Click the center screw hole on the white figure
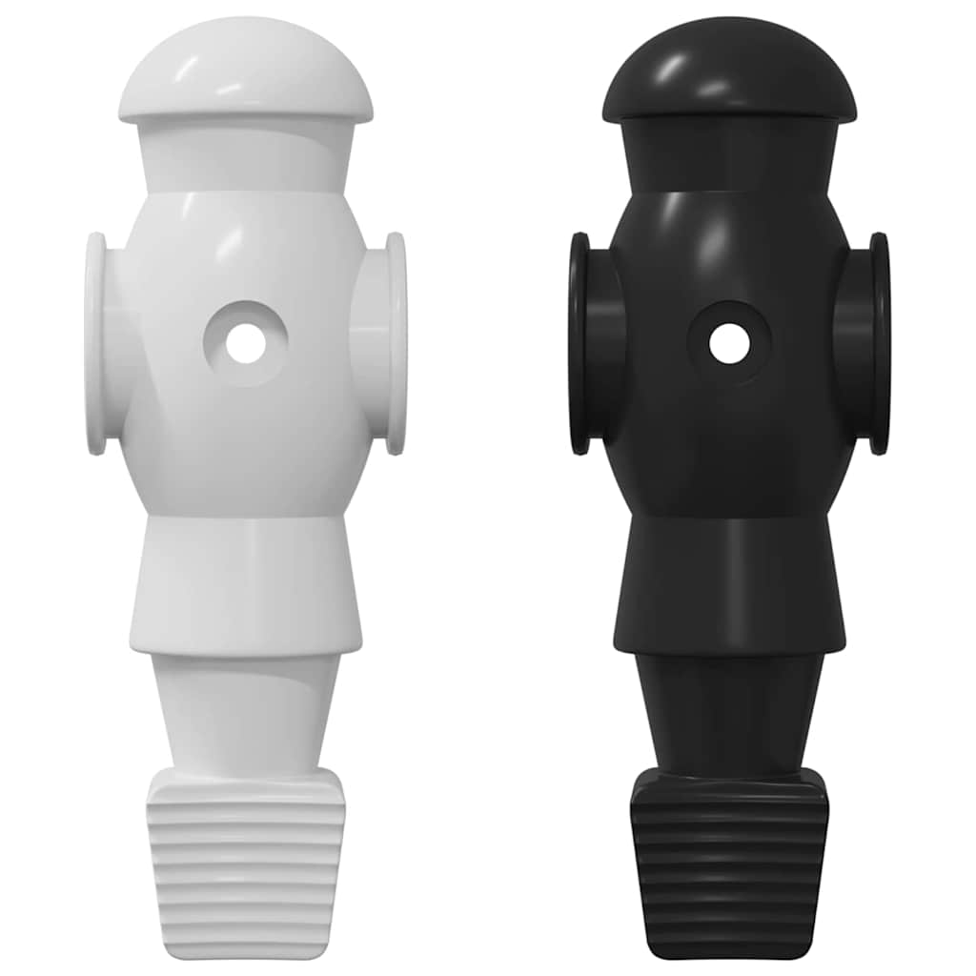point(245,343)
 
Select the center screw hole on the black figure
point(729,343)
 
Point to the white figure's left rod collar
point(96,343)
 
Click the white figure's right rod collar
point(394,343)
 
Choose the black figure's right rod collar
point(878,343)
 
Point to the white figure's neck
point(245,157)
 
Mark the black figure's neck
point(729,157)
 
